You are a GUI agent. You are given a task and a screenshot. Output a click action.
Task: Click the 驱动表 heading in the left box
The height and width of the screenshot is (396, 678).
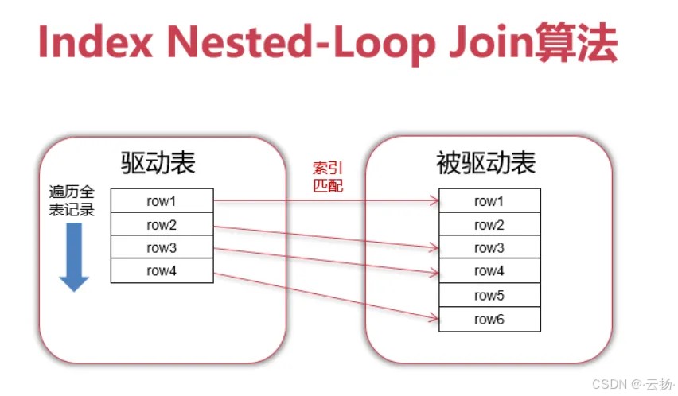tap(158, 163)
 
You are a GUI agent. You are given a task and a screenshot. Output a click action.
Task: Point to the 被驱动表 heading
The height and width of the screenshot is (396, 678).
tap(486, 163)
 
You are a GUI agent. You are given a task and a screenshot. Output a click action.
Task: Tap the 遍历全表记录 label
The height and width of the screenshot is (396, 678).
tap(72, 201)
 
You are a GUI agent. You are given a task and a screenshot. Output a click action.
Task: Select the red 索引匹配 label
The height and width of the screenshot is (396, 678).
tap(328, 177)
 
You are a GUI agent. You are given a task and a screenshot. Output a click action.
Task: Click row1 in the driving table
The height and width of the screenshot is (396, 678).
tap(162, 200)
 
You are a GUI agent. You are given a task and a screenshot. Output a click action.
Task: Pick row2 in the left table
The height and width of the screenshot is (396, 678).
tap(162, 224)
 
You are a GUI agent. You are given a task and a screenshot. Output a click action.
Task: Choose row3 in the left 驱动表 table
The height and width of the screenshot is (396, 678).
tap(162, 248)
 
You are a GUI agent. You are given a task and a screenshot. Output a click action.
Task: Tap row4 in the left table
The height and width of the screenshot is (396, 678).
tap(162, 271)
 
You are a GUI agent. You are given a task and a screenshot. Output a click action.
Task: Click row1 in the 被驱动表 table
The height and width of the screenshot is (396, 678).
tap(489, 201)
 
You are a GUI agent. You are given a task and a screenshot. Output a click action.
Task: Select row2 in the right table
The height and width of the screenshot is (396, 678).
tap(489, 225)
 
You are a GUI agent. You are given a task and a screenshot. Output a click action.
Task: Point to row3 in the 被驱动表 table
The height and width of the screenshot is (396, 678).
tap(489, 248)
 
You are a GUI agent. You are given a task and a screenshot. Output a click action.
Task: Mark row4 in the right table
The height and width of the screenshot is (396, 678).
tap(489, 272)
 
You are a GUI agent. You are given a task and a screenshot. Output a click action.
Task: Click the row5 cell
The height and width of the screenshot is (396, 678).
tap(489, 296)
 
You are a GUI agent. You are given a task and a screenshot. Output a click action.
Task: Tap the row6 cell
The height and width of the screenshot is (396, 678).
tap(489, 320)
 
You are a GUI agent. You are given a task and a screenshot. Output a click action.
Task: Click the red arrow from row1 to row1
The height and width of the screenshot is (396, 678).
tap(326, 201)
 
